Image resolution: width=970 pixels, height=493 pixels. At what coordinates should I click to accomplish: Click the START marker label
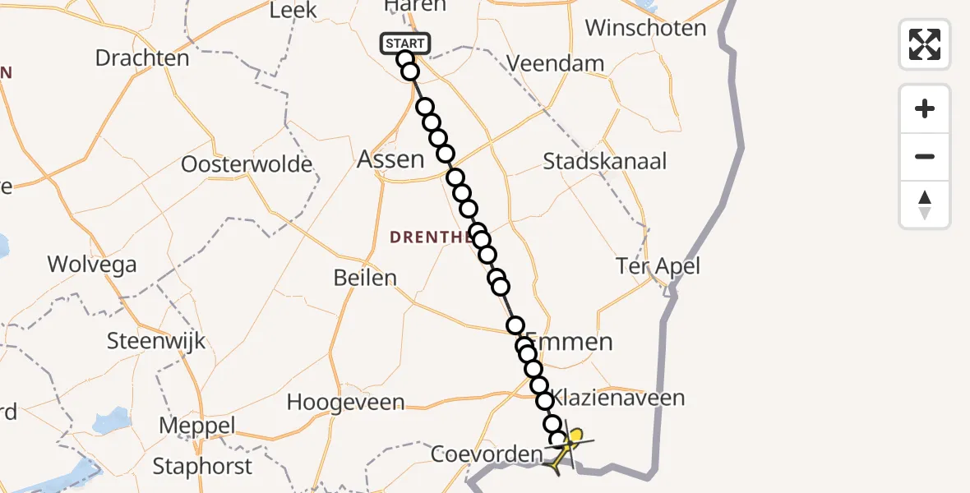coord(405,44)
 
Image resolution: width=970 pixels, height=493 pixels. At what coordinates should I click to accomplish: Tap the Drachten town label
coord(142,58)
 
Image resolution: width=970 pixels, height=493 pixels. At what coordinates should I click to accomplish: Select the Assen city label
coord(390,159)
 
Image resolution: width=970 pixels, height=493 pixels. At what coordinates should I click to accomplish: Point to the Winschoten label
coord(645,28)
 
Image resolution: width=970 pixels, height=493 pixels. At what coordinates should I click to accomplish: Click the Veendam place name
coord(556,63)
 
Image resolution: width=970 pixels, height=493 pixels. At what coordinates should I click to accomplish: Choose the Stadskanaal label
coord(605,160)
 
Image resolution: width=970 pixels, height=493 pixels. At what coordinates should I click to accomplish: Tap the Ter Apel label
coord(658,266)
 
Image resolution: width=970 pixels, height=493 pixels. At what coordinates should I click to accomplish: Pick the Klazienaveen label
coord(618,399)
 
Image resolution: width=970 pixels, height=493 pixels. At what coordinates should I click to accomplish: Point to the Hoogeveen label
coord(345,403)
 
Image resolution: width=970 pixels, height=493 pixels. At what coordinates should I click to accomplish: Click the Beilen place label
coord(365,278)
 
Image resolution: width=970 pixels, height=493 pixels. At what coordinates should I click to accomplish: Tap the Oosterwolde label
coord(247,164)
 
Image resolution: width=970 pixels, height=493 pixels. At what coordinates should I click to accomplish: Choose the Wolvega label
coord(92,265)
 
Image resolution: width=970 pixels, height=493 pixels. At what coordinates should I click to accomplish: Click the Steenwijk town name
coord(157,341)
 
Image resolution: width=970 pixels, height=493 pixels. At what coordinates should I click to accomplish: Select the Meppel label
coord(197,426)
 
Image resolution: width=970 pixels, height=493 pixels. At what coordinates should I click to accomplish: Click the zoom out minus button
coord(925,156)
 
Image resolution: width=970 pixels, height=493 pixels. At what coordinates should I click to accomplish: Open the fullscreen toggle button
coord(925,44)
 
